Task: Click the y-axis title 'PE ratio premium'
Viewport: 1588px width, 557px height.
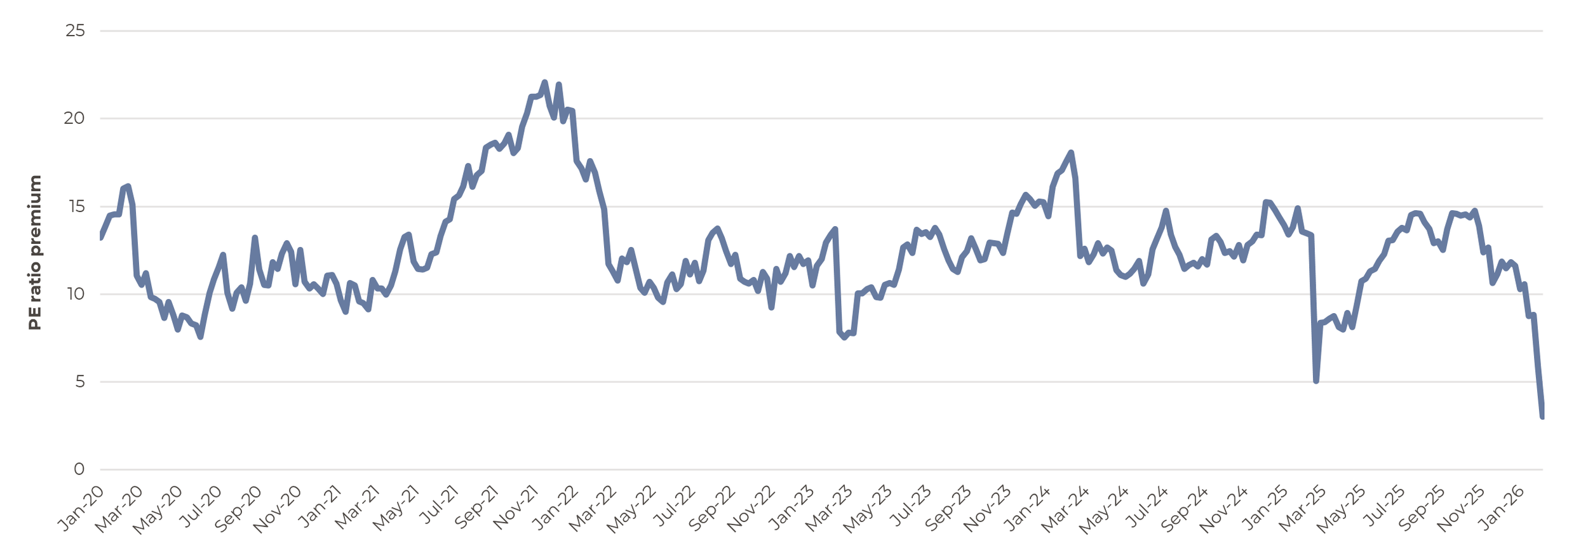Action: (35, 252)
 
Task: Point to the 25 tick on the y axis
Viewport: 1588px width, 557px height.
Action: (75, 30)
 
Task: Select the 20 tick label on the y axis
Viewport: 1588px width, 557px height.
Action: (74, 118)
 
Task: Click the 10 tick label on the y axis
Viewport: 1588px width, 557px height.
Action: (74, 294)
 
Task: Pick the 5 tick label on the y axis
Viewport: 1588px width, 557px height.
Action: (79, 382)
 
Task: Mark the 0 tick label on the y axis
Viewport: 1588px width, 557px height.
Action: (79, 469)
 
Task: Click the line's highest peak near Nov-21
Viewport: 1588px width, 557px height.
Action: (544, 83)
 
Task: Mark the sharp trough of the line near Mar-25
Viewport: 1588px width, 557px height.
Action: (1315, 380)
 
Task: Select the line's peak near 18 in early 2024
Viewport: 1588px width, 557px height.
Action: (1071, 152)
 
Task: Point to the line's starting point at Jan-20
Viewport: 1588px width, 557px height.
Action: (101, 236)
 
